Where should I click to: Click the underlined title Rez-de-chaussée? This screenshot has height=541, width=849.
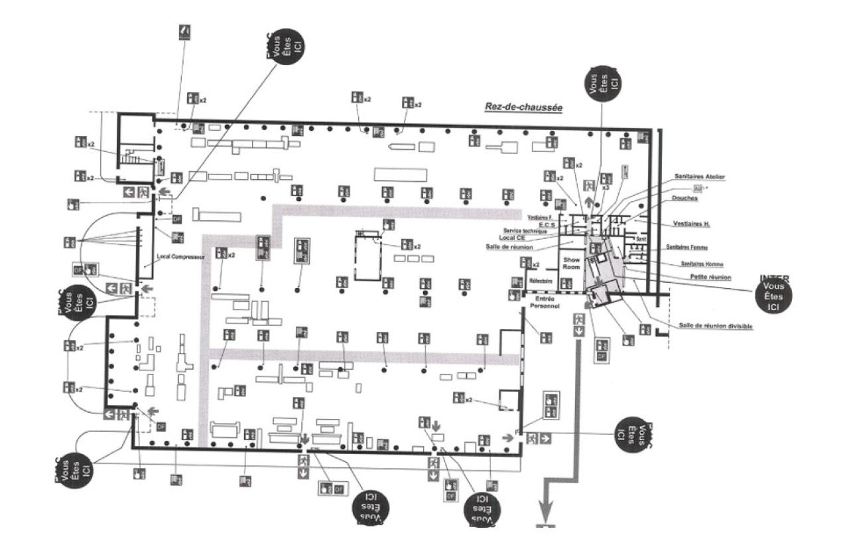523,106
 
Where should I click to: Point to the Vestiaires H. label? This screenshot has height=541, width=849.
690,224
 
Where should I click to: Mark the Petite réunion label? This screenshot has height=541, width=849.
710,277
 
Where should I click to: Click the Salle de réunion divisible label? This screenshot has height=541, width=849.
715,326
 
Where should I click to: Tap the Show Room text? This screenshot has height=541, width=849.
572,263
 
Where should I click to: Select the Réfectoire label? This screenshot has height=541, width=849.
541,281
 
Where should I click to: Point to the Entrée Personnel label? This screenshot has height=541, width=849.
547,302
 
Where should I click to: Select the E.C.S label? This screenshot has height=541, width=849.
547,224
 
